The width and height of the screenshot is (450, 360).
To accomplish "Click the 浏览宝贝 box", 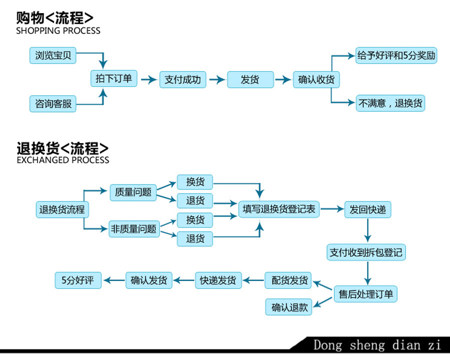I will click(53, 55).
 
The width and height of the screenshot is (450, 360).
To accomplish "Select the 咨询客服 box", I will click(53, 104).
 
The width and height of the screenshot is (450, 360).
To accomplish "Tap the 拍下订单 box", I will click(113, 78).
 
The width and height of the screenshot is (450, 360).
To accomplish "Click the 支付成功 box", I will click(182, 79).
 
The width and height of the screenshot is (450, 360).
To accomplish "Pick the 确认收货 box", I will click(316, 79).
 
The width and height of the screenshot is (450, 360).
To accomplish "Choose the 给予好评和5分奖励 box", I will click(396, 55).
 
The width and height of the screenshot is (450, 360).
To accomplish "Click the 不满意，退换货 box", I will click(390, 103).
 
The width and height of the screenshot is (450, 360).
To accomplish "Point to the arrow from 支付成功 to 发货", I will click(217, 79).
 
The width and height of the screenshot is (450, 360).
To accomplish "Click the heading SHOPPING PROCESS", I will click(58, 30).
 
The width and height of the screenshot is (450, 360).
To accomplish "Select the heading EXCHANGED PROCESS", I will click(62, 160).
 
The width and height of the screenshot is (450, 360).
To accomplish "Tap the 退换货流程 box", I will click(62, 209).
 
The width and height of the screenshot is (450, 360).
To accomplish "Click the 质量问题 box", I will click(133, 192).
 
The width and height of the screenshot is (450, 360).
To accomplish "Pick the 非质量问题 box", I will click(134, 229).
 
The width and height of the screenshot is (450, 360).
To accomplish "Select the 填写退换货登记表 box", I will click(279, 209).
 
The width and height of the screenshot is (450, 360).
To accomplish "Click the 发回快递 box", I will click(368, 209).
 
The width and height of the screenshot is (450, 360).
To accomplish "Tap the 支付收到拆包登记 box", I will click(366, 252).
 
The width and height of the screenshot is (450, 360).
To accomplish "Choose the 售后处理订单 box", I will click(366, 294).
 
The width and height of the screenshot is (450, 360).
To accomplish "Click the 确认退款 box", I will click(288, 307).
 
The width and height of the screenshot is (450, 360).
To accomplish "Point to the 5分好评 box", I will click(77, 280).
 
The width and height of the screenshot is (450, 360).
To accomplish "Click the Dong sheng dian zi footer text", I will click(377, 345).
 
